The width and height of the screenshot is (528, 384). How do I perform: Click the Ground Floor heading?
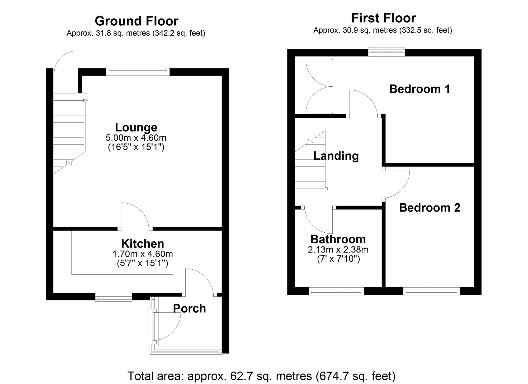(136, 21)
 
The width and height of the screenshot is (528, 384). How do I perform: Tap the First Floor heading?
(383, 18)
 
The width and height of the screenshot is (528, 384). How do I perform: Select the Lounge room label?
(136, 127)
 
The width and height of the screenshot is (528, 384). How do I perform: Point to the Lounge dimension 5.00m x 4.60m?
(136, 138)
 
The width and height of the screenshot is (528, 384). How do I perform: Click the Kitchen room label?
(143, 243)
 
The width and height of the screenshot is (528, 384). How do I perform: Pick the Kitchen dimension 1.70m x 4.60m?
(143, 254)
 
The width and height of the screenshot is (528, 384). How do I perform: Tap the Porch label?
(189, 308)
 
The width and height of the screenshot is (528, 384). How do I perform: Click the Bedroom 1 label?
(419, 89)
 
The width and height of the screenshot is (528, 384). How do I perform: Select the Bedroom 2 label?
(430, 208)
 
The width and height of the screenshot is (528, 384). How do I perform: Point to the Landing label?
(336, 156)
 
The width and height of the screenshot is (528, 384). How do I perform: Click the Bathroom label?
(338, 239)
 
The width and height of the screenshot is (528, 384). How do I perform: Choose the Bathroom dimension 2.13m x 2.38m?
(338, 250)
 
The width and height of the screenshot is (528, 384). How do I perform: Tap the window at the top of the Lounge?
(138, 71)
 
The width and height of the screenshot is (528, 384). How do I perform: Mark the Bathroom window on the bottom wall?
(336, 292)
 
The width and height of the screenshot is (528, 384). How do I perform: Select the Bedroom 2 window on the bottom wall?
(431, 292)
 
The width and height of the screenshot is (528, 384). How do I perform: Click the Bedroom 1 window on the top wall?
(386, 52)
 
